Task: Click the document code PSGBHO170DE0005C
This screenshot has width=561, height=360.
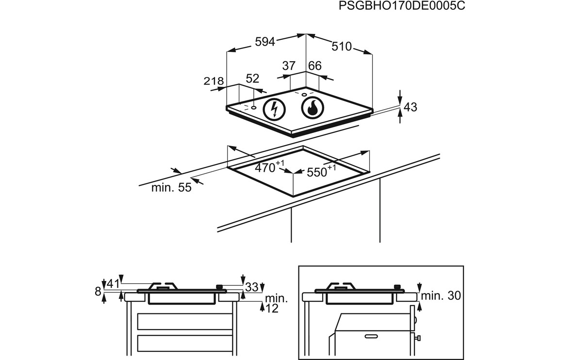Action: (398, 6)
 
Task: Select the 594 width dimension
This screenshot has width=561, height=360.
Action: (265, 42)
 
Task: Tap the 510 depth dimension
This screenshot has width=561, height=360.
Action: (341, 47)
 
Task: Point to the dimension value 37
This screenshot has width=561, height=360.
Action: (289, 66)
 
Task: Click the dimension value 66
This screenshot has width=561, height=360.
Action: (315, 66)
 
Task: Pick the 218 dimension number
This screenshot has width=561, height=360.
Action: (214, 82)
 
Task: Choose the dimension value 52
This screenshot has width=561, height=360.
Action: (253, 79)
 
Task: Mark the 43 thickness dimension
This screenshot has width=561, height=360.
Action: (411, 107)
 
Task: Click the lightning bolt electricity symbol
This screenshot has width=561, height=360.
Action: (274, 109)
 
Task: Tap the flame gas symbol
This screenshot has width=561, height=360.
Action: (312, 108)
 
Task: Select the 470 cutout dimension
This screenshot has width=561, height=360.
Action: (265, 168)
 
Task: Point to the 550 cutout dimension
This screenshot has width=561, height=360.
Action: (316, 171)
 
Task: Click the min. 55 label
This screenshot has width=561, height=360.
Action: (171, 188)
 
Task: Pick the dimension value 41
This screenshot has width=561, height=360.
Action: (113, 284)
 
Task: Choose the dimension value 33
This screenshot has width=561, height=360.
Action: (251, 287)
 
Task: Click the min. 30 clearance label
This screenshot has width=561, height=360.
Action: (440, 295)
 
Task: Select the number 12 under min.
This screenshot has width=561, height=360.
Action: (272, 308)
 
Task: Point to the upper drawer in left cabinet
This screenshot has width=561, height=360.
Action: (184, 321)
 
